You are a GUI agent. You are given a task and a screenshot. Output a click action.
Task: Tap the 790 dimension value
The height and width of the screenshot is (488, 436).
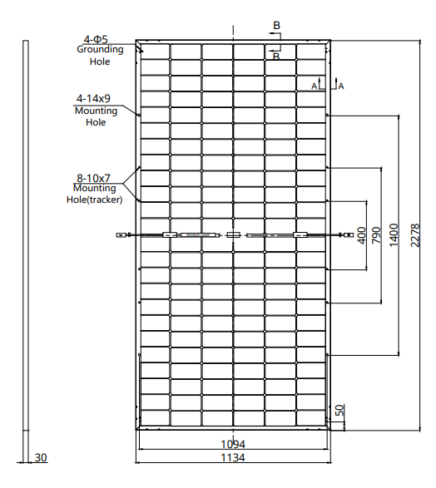coord(376,234)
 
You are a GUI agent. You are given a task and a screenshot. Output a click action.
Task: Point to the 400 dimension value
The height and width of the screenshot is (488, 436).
coord(361,234)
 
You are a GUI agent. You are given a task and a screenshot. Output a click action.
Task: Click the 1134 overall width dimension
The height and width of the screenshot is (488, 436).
coord(234,458)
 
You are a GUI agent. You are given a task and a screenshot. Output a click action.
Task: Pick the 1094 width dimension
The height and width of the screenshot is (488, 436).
coord(234,444)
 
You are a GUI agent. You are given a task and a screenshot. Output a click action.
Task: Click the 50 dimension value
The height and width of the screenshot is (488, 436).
coord(339,411)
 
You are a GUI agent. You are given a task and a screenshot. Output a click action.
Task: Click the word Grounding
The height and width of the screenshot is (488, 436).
coord(101,49)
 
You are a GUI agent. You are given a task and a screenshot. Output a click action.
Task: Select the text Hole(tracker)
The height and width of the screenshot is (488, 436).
coord(94,200)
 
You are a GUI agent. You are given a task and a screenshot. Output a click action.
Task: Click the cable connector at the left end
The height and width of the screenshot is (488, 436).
coord(121,235)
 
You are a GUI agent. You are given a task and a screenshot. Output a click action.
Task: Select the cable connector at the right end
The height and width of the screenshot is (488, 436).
coord(345,235)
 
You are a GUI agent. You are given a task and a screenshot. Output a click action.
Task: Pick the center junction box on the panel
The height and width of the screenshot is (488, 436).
coord(234,235)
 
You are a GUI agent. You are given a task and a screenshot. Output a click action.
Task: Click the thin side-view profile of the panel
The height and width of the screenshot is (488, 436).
coord(27,249)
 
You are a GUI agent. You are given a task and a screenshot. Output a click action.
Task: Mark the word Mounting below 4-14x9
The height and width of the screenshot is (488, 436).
coord(96,110)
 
